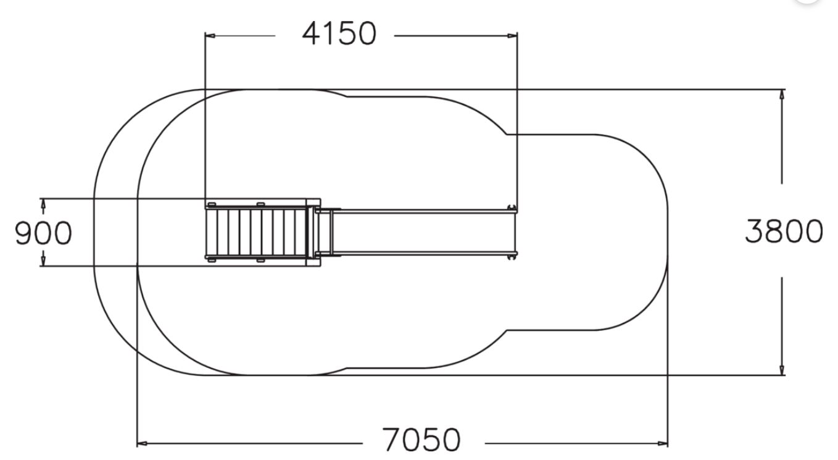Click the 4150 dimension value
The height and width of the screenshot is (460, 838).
339,34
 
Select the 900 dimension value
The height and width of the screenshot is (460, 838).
43,233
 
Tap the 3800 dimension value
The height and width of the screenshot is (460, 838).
784,231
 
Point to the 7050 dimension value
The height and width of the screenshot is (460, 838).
421,440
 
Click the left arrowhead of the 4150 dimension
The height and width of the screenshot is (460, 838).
210,36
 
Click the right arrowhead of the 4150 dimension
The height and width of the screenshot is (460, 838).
512,36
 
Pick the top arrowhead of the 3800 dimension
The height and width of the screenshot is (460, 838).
781,94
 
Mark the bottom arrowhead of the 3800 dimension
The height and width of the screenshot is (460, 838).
781,370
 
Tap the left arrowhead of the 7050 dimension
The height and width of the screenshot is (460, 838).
142,444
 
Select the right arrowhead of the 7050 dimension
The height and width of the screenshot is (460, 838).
663,444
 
